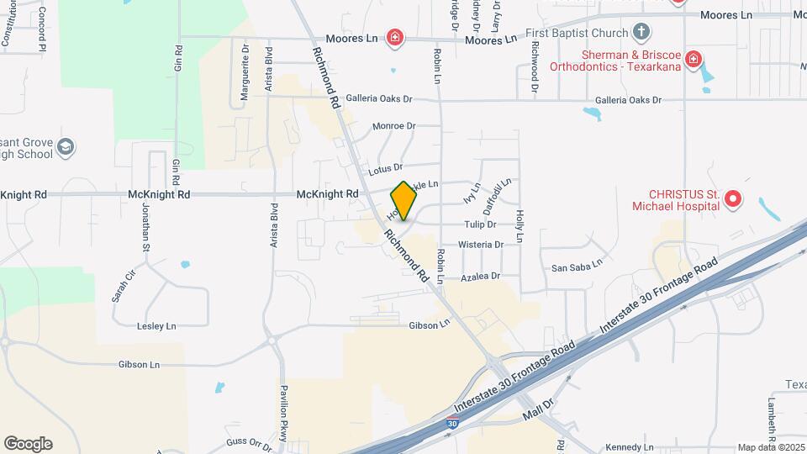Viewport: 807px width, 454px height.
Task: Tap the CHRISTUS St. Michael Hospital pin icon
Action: [733, 199]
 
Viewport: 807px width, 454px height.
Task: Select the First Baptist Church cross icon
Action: [641, 34]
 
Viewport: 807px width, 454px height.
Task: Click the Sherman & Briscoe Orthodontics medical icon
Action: [693, 59]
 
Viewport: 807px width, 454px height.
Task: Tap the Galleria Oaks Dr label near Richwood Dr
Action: [628, 100]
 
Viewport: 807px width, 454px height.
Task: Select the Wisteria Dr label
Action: [480, 245]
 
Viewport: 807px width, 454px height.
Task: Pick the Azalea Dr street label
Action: [480, 276]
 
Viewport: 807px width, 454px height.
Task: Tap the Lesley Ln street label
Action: [156, 325]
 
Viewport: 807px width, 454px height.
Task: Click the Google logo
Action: [28, 444]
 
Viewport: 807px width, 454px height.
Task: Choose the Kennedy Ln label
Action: [628, 447]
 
